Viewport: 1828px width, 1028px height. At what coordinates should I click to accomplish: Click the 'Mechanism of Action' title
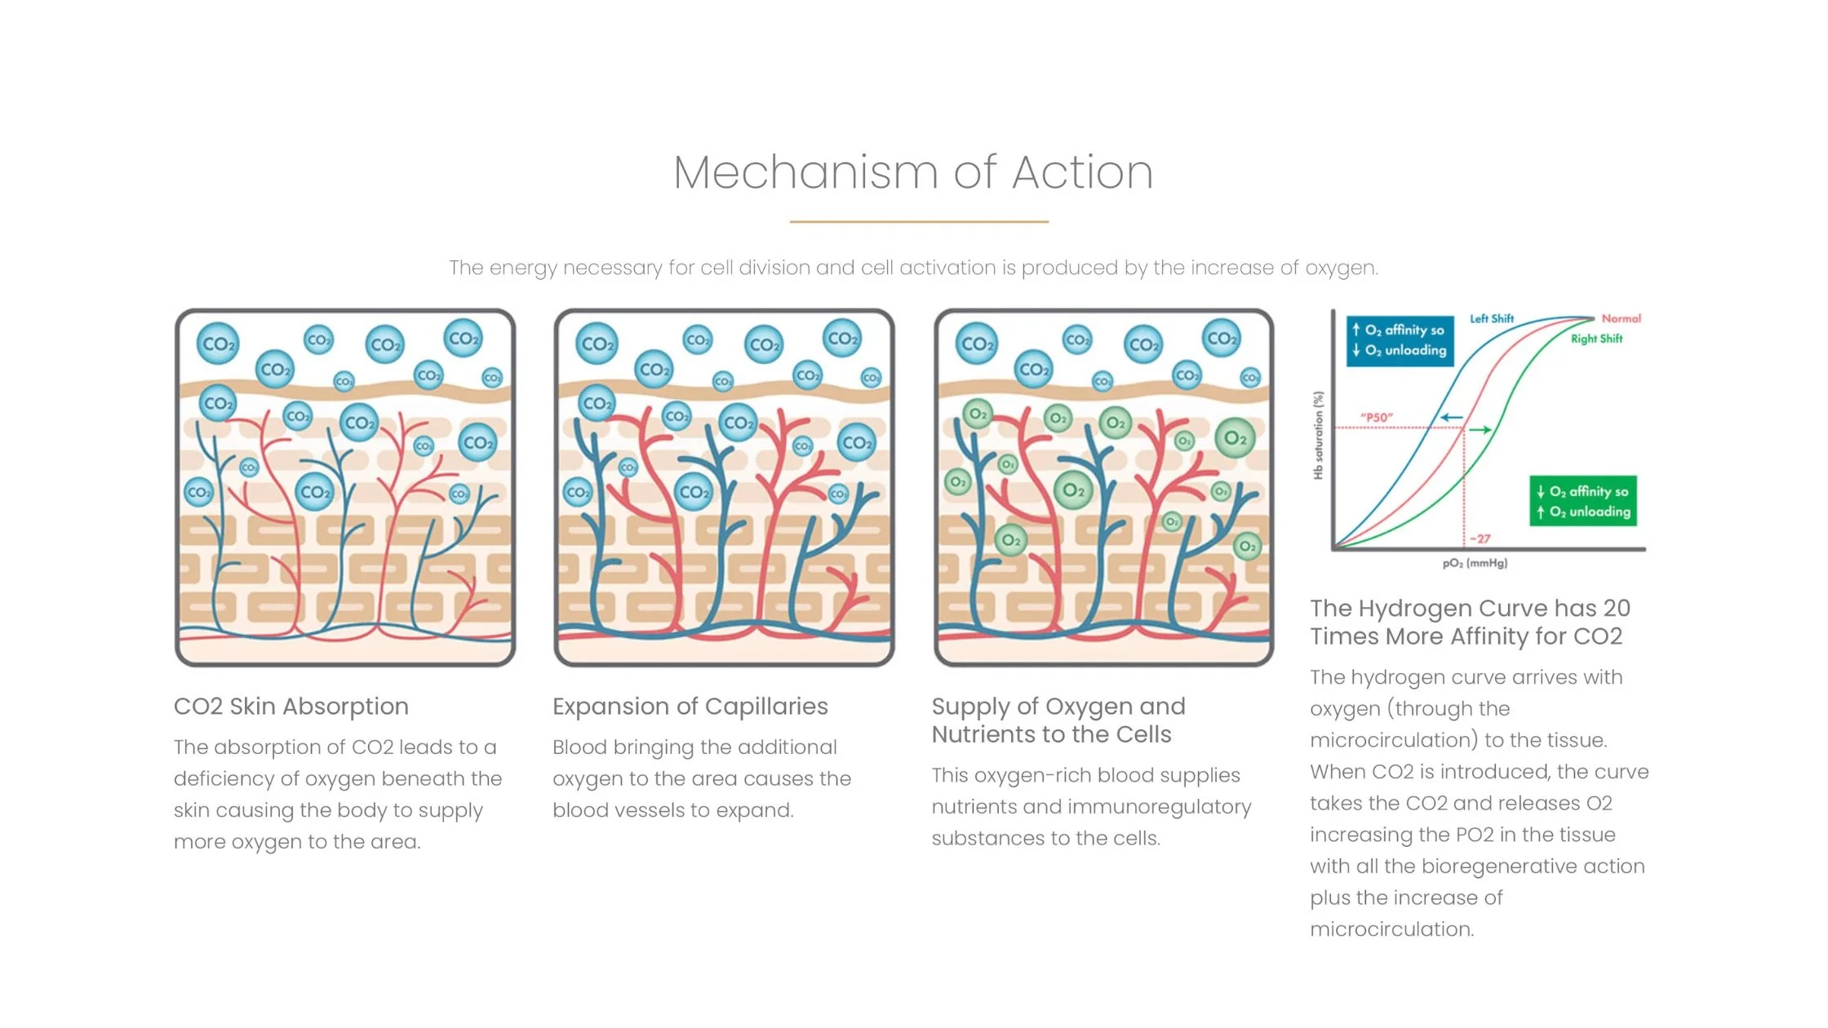point(913,173)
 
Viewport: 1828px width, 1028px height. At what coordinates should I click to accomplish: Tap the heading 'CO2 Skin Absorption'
point(291,707)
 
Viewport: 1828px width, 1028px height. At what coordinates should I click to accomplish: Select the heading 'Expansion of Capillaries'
point(690,707)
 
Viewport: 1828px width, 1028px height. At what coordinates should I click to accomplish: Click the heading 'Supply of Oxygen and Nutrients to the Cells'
point(1058,720)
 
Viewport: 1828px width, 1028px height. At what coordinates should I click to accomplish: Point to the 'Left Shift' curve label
point(1491,318)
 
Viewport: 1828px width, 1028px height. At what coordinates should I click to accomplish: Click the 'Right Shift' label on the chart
point(1596,339)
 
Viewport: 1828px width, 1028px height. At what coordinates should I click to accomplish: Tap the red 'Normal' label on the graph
point(1621,318)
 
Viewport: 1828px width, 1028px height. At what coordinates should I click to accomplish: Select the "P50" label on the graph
point(1376,418)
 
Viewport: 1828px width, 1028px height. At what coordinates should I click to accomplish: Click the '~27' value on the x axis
point(1480,539)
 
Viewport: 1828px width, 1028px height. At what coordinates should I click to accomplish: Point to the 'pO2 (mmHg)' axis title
point(1475,564)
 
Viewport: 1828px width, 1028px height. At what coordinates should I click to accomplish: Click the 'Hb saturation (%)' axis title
point(1318,435)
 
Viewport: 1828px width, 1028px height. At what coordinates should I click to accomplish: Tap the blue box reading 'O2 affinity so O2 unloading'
point(1400,340)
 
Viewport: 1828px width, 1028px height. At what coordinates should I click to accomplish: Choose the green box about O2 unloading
point(1582,501)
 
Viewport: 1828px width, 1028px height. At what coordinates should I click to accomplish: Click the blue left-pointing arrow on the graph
point(1450,418)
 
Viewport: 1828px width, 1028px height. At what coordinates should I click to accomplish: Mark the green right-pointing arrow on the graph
point(1481,429)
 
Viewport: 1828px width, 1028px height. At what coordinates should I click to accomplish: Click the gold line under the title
point(919,221)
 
